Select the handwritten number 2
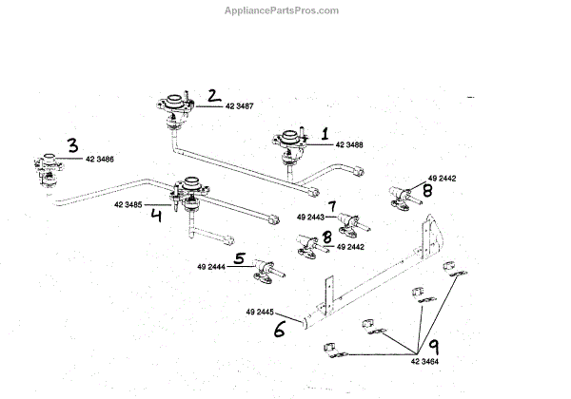214,96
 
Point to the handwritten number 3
72,145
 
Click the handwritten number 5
240,258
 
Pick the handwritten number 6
279,330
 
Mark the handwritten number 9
432,348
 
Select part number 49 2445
261,312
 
